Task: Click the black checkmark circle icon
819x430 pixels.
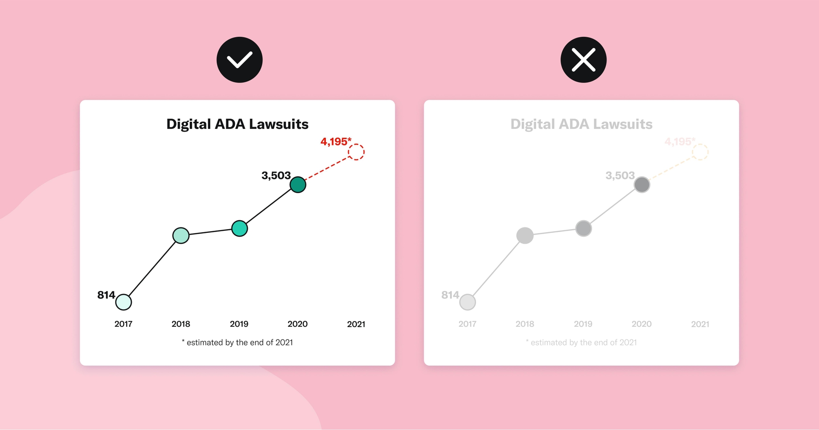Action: pos(239,60)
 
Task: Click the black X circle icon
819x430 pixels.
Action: pos(583,60)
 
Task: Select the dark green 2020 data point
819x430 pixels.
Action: pos(298,185)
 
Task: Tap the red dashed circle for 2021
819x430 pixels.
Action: pos(356,152)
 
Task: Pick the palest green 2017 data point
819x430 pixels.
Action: pos(124,302)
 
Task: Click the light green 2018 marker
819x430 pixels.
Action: pos(181,235)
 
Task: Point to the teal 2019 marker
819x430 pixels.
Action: pos(239,228)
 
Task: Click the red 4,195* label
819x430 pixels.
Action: pos(336,141)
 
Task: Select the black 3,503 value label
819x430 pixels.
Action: pos(276,175)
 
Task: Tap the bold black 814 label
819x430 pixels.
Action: pos(106,295)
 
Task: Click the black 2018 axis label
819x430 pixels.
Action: pos(181,324)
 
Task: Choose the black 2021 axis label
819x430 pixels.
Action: pos(356,324)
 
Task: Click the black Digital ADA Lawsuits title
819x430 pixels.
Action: pos(237,124)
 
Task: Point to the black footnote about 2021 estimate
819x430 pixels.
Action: pos(237,342)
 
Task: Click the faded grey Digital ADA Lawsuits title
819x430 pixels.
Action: pos(581,124)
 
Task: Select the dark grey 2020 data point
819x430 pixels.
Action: pos(642,185)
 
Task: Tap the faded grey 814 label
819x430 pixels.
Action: pos(450,295)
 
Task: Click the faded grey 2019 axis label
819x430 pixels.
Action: pos(583,324)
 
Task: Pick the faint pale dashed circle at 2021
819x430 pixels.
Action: pos(700,152)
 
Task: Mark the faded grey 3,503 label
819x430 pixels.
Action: pos(620,175)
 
